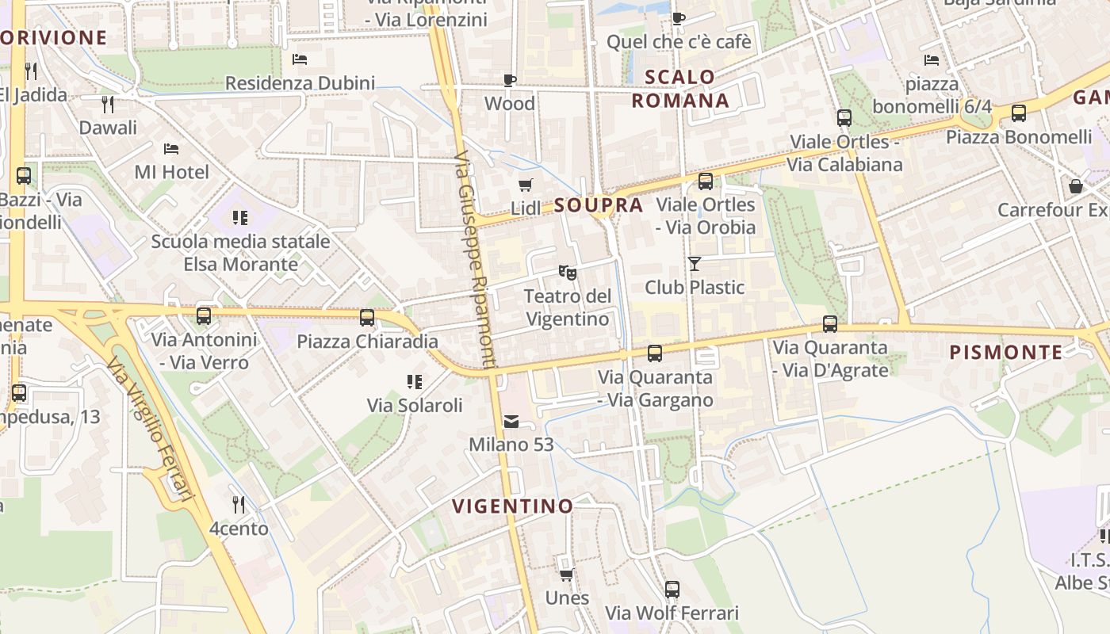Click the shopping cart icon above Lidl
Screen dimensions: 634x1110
[x=525, y=185]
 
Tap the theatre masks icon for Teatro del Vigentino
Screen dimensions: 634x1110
[x=567, y=273]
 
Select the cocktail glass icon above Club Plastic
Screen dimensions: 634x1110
[x=695, y=264]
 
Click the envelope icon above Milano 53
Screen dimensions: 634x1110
[x=511, y=421]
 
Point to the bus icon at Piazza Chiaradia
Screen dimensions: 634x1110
[x=367, y=318]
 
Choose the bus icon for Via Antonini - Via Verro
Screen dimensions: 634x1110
[x=204, y=316]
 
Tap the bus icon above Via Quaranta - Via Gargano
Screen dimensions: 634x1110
[x=655, y=353]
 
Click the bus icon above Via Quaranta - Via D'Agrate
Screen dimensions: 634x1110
[x=830, y=324]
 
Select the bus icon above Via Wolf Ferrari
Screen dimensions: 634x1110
[x=672, y=590]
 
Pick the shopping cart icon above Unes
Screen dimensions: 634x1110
[x=567, y=574]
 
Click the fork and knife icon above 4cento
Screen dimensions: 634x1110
[x=238, y=504]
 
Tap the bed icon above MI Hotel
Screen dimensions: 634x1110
[x=171, y=148]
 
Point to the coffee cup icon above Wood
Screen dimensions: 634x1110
[x=510, y=80]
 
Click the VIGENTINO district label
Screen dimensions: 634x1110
[x=512, y=506]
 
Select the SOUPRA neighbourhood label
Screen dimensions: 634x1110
[x=599, y=205]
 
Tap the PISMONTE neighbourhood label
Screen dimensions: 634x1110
[x=1005, y=352]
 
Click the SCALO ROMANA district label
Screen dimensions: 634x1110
[x=680, y=89]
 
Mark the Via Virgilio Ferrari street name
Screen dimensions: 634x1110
[x=151, y=429]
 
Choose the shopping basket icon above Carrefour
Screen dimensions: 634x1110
[x=1076, y=186]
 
